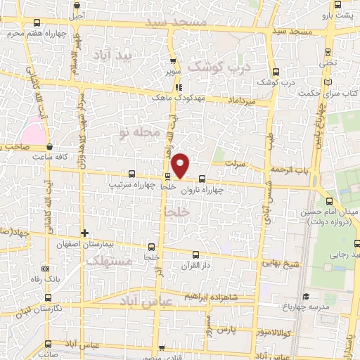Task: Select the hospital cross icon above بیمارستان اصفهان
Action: point(84,233)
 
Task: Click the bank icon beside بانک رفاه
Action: point(46,268)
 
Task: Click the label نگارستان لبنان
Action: point(59,308)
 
